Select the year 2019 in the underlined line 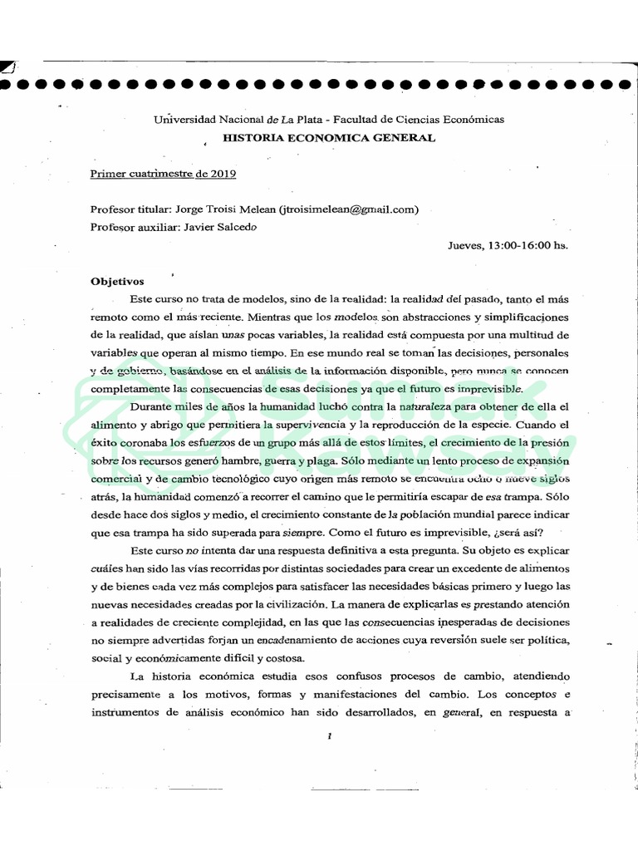coord(223,174)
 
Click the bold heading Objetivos coord(117,281)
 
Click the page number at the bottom coord(331,735)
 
